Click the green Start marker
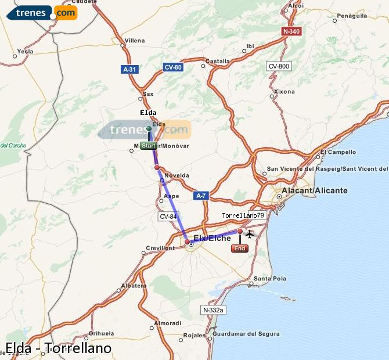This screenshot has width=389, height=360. point(149,146)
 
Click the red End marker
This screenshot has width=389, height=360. point(240,249)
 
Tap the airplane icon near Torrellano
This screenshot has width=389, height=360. point(250,234)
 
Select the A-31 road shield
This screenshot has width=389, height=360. point(129,69)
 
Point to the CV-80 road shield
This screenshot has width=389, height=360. point(173,67)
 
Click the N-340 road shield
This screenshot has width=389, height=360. point(291,31)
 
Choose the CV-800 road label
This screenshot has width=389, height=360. point(279,66)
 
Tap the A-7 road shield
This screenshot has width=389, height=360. point(201,196)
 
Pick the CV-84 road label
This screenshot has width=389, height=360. point(168,217)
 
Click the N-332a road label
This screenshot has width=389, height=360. point(214,311)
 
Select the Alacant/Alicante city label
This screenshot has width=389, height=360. point(314,190)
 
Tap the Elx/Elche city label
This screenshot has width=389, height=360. point(212,238)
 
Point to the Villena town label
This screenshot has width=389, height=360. point(134,41)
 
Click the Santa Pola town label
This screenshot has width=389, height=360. point(270,279)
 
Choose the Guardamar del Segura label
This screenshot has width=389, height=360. point(246,334)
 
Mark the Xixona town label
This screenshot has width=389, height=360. point(284,92)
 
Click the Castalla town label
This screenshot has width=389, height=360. point(218,61)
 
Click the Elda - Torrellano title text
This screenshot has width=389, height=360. point(57,348)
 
